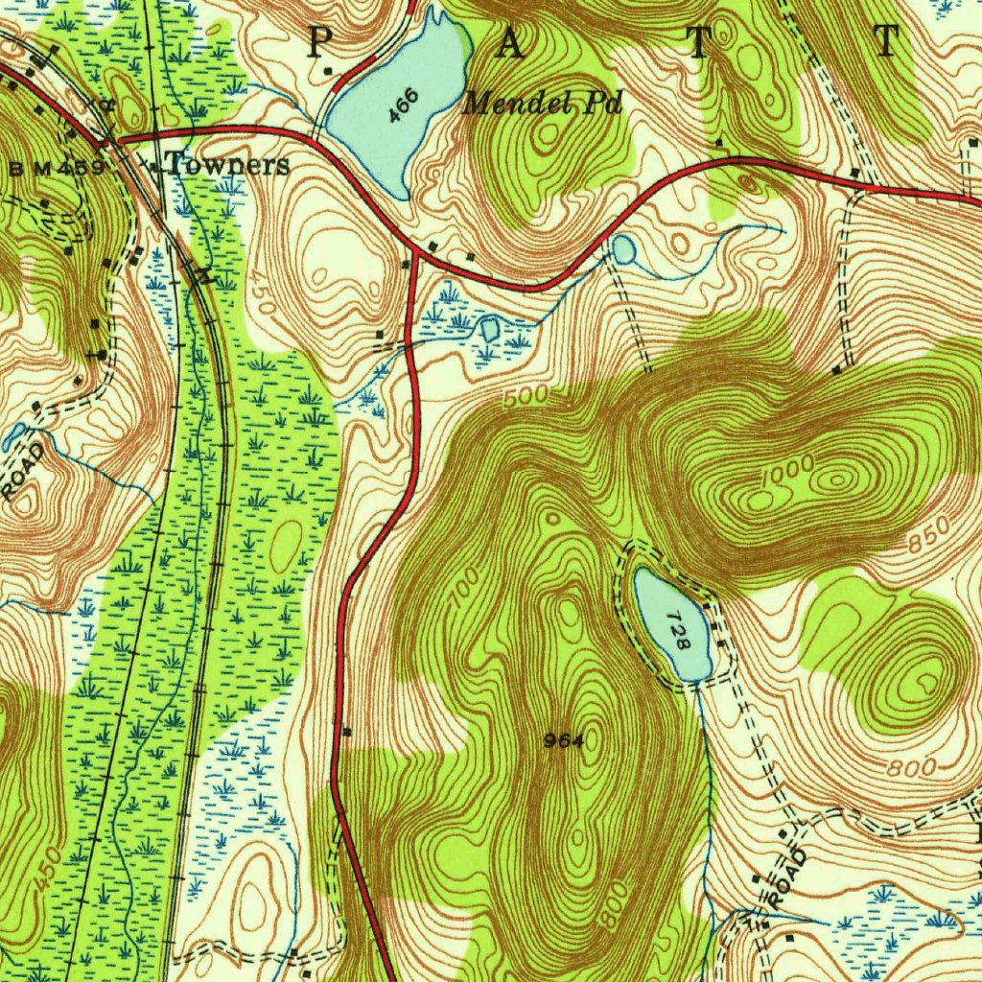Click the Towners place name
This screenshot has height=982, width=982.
(227, 165)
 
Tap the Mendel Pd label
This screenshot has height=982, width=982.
(542, 103)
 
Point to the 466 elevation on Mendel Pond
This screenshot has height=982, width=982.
(405, 105)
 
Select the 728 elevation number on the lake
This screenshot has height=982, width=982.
(679, 630)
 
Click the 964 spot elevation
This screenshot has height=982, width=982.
(563, 739)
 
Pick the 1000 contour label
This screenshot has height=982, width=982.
(788, 470)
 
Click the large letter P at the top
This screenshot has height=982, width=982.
(319, 44)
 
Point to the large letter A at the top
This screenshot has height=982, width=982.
(510, 44)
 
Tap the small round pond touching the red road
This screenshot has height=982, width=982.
(623, 251)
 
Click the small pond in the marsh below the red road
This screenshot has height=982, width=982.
(490, 329)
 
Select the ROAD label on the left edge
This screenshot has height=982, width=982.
(23, 471)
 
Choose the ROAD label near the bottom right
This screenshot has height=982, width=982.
(785, 877)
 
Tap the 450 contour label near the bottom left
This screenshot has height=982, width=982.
(50, 868)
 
